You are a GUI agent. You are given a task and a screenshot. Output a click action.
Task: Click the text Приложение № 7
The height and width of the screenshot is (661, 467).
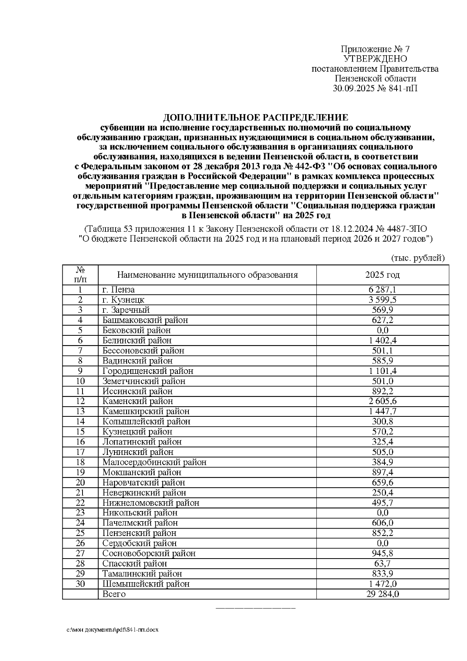pyautogui.click(x=375, y=49)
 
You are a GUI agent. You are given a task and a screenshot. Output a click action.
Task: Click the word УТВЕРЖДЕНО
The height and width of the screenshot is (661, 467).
pyautogui.click(x=375, y=59)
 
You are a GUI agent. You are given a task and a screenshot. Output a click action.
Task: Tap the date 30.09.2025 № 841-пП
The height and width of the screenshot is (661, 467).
pyautogui.click(x=375, y=88)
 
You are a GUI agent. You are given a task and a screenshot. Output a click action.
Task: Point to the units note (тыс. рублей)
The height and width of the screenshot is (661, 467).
pyautogui.click(x=418, y=258)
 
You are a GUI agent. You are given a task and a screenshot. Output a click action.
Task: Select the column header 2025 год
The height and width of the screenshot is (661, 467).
pyautogui.click(x=382, y=275)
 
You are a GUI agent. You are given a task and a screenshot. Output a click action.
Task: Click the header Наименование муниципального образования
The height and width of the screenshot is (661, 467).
pyautogui.click(x=207, y=275)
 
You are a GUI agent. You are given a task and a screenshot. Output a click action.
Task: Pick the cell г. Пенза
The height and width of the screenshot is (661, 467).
pyautogui.click(x=118, y=290)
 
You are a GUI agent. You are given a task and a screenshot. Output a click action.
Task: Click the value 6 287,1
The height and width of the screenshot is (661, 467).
pyautogui.click(x=382, y=290)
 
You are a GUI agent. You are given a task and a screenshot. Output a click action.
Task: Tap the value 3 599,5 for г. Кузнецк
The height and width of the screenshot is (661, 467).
pyautogui.click(x=382, y=300)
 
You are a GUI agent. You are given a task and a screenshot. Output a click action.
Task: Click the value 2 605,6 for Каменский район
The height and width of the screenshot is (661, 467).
pyautogui.click(x=382, y=401)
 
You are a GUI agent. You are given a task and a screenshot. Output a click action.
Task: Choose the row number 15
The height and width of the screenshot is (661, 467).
pyautogui.click(x=80, y=432)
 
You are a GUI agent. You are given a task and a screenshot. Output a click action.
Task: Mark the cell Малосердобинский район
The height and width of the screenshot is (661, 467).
pyautogui.click(x=154, y=462)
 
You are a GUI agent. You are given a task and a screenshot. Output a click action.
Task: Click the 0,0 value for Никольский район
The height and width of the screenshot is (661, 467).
pyautogui.click(x=382, y=513)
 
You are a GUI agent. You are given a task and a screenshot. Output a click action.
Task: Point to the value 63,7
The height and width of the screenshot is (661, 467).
pyautogui.click(x=382, y=564)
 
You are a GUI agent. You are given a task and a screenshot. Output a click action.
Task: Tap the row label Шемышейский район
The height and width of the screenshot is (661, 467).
pyautogui.click(x=146, y=584)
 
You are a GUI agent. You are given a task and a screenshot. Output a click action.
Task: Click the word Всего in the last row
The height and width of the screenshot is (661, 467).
pyautogui.click(x=114, y=594)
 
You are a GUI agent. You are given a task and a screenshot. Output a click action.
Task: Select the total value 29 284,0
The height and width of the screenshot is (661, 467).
pyautogui.click(x=382, y=594)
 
